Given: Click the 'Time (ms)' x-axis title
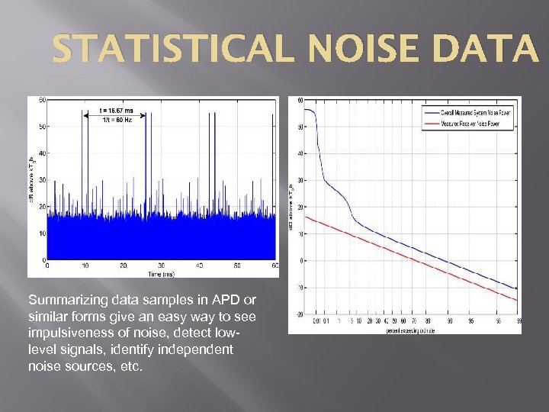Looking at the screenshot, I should [x=160, y=272].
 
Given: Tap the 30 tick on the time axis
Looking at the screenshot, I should [x=161, y=266].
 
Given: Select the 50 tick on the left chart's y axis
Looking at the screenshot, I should [x=42, y=127].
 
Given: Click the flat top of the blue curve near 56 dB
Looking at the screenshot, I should [x=308, y=110].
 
